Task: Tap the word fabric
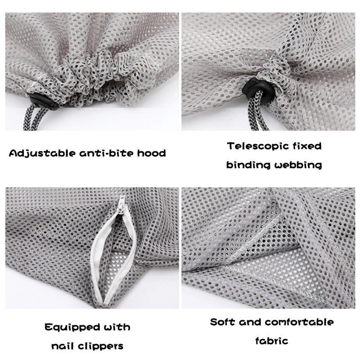point(271,341)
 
